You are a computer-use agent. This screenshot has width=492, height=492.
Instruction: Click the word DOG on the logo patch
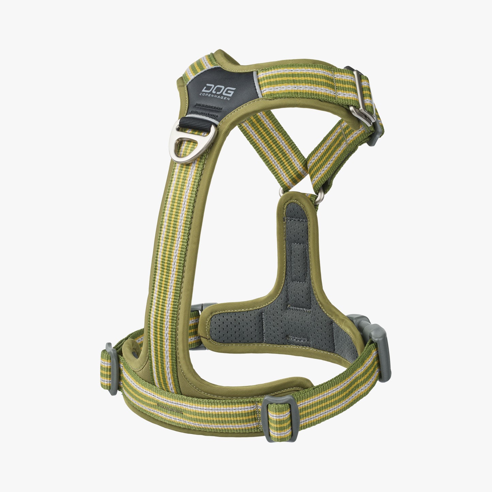(x=218, y=91)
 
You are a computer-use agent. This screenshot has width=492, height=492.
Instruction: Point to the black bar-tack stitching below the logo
(x=205, y=110)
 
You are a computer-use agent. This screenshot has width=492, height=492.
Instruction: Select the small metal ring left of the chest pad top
(x=282, y=192)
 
